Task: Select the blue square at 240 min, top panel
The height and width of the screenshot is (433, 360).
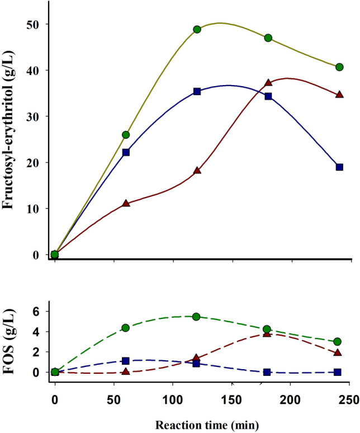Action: point(339,167)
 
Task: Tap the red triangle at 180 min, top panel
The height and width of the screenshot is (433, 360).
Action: point(268,82)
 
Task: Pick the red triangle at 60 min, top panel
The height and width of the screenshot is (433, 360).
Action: point(126,203)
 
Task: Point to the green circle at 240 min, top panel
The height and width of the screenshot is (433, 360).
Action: point(339,67)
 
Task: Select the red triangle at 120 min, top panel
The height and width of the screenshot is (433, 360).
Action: point(197,170)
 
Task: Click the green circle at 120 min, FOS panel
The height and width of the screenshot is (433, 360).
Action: point(196,317)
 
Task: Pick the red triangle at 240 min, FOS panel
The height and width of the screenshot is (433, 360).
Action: point(338,352)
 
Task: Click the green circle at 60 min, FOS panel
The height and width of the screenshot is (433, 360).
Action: point(126,328)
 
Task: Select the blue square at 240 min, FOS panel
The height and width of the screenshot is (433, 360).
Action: point(338,372)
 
